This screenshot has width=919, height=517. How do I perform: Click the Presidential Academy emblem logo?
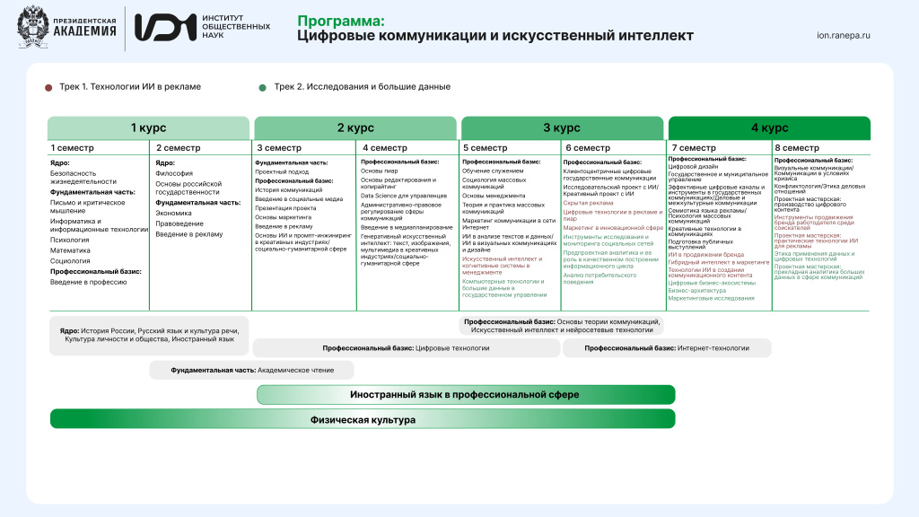click(x=33, y=28)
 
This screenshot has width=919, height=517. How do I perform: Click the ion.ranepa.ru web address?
click(x=844, y=36)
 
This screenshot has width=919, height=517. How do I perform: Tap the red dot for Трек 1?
click(x=48, y=87)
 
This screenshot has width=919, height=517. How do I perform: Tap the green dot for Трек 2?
click(x=262, y=87)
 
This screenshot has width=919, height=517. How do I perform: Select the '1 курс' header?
click(x=148, y=127)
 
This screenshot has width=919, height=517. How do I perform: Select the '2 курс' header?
click(x=355, y=127)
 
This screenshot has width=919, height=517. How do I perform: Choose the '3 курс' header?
click(x=562, y=127)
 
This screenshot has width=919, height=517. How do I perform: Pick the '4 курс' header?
click(x=769, y=127)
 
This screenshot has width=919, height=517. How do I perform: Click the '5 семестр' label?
click(x=486, y=148)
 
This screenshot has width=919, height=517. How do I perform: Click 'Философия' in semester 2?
click(x=174, y=173)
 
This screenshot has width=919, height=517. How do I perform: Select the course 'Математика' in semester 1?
click(x=70, y=250)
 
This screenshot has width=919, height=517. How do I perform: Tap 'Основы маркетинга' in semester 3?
click(x=284, y=217)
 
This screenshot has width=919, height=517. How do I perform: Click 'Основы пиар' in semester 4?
click(x=379, y=170)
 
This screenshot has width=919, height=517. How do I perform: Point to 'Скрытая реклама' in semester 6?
click(x=589, y=203)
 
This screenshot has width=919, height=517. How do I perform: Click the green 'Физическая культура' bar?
click(x=363, y=419)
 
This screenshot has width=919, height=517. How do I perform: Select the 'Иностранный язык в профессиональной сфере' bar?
click(x=465, y=395)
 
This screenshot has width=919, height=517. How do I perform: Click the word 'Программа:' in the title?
click(x=341, y=20)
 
